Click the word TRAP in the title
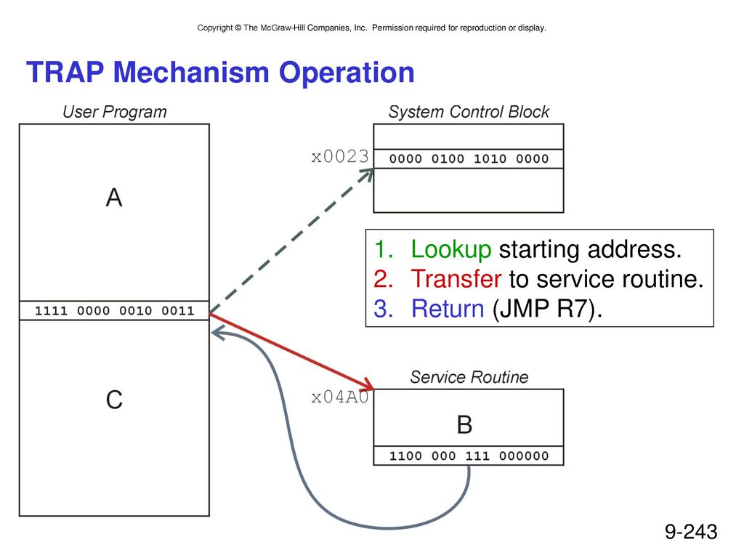click(65, 72)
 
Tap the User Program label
click(115, 112)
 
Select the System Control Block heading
click(469, 112)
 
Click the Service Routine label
click(469, 377)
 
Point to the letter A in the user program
click(114, 198)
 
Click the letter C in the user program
click(114, 400)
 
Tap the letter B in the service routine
click(464, 424)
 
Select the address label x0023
click(340, 157)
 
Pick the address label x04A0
click(340, 397)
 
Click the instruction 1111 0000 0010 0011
click(114, 311)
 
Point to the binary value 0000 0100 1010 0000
click(469, 158)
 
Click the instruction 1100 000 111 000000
click(469, 456)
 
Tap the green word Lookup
click(450, 250)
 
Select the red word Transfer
click(456, 279)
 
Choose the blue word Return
click(448, 309)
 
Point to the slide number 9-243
click(691, 532)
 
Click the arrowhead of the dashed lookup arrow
click(368, 174)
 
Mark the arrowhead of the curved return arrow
click(217, 333)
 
